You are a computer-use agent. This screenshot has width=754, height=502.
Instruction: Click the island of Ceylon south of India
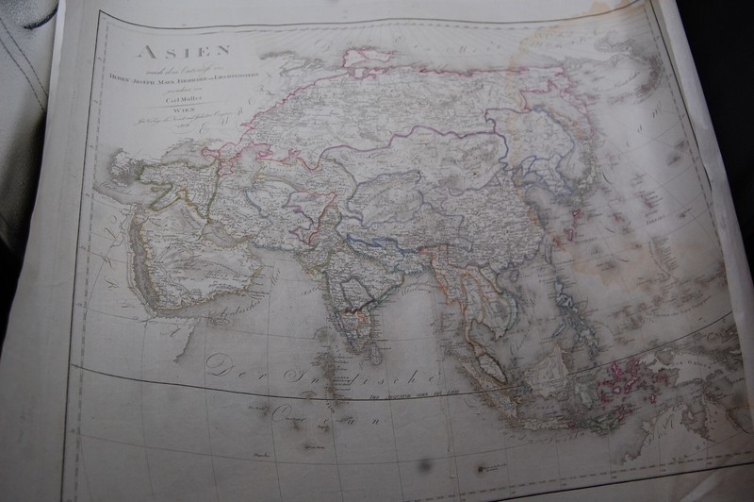(375, 353)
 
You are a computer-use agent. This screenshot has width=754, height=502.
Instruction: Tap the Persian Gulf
(203, 236)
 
